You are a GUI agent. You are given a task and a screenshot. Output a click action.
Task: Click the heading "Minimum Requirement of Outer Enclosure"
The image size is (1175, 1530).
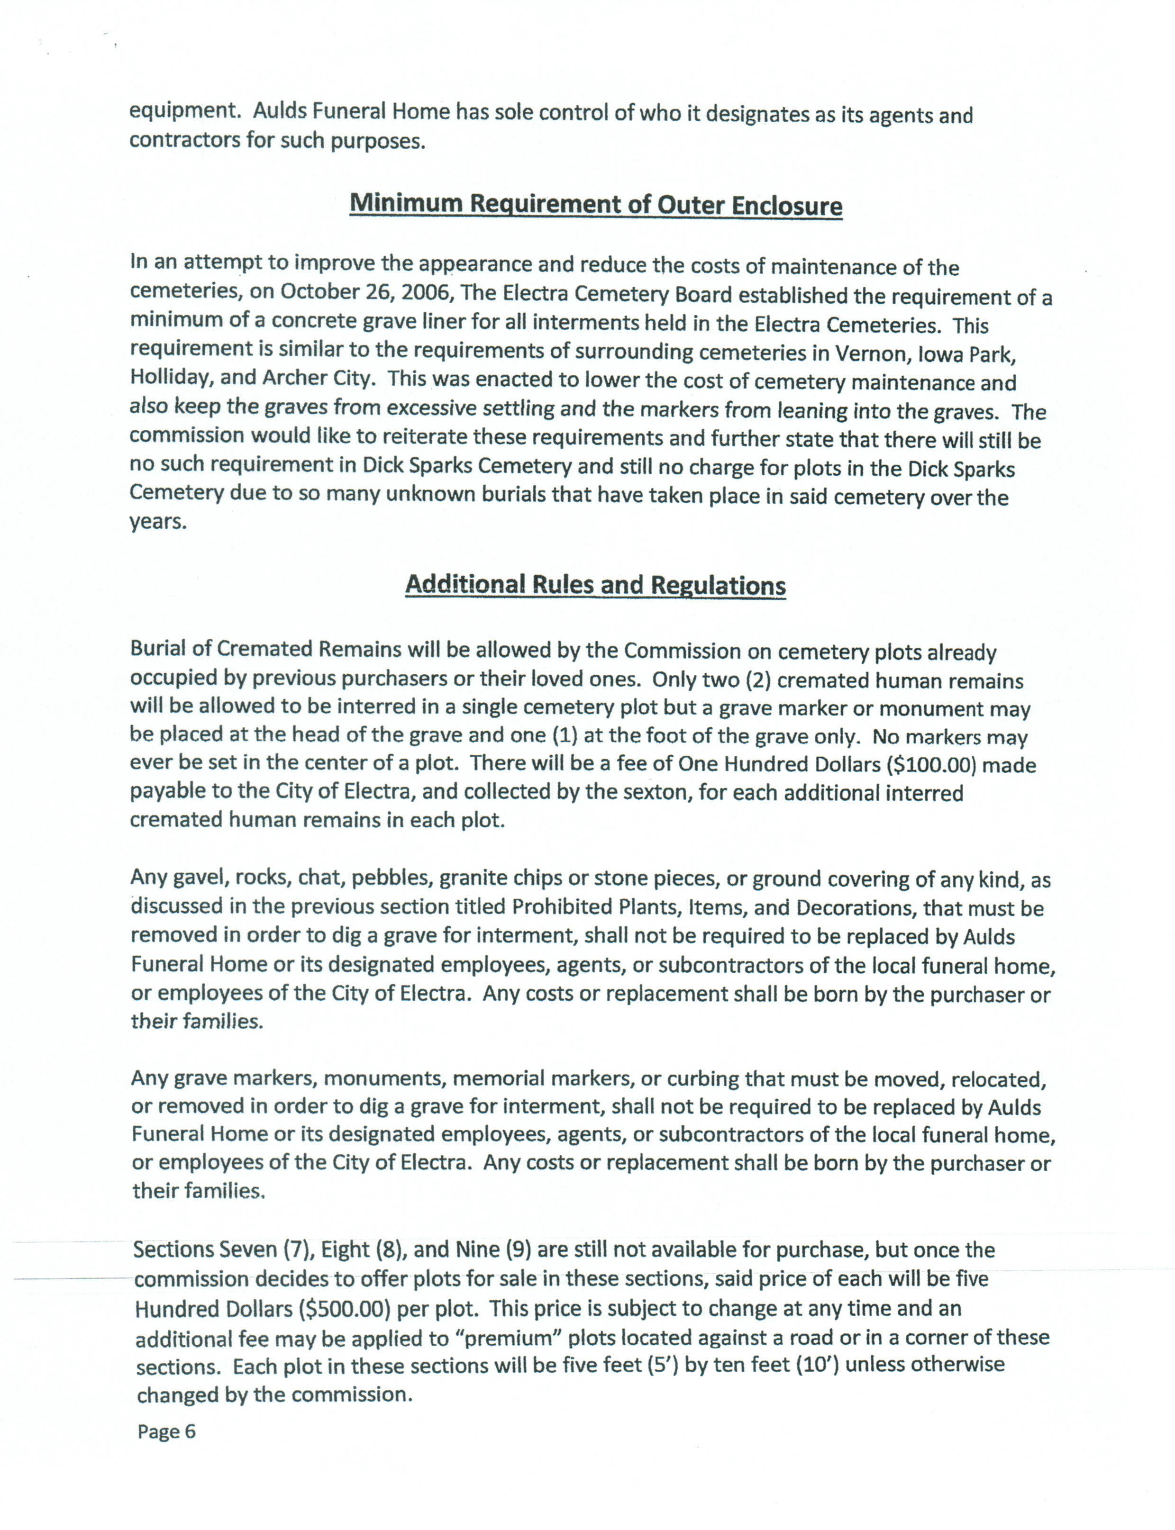[x=595, y=204]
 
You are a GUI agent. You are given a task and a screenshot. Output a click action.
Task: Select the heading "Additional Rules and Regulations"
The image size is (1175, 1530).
[x=595, y=585]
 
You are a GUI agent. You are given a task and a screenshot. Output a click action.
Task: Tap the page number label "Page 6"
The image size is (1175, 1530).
[x=166, y=1431]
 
